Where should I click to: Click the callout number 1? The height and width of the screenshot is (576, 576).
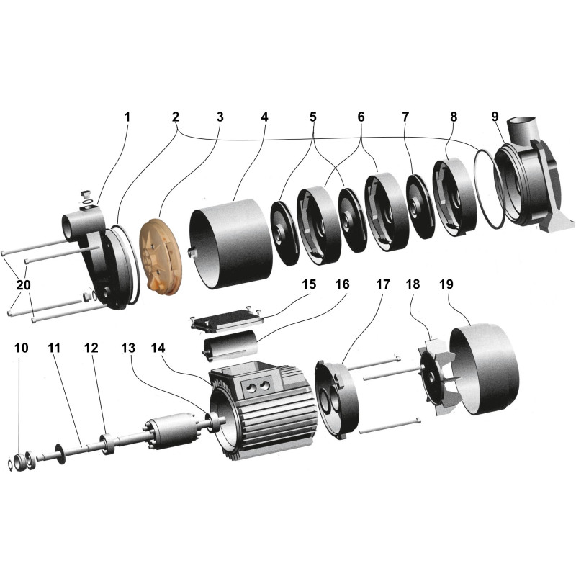[x=127, y=117]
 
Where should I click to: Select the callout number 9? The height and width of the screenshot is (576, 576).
[x=495, y=117]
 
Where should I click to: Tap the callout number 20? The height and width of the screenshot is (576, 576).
[x=23, y=285]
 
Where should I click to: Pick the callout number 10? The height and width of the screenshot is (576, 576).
[x=22, y=348]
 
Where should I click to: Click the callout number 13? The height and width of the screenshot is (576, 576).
[x=128, y=348]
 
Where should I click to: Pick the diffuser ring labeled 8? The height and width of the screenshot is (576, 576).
[x=452, y=198]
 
